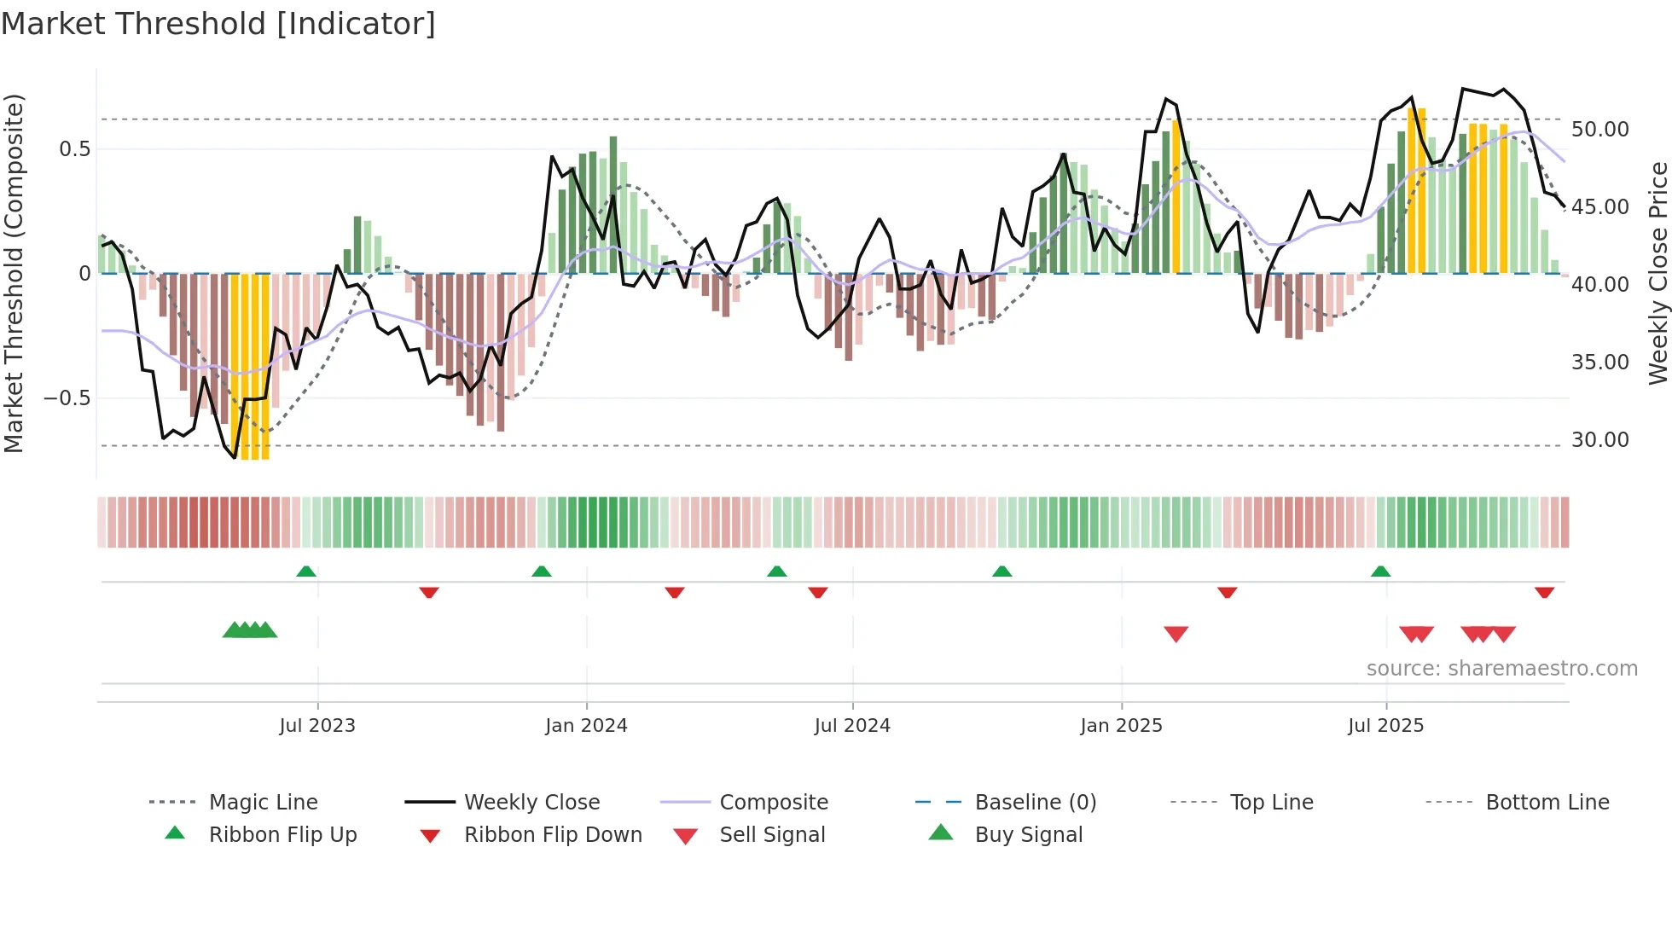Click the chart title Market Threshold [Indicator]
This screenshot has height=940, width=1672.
[x=218, y=24]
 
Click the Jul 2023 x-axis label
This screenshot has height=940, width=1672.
[x=317, y=726]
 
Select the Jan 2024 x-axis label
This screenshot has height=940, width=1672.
[x=586, y=726]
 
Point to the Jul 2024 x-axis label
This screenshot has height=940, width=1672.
[x=852, y=726]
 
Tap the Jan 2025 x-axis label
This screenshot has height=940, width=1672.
[x=1121, y=726]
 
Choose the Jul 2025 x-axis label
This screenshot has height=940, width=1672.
[x=1386, y=726]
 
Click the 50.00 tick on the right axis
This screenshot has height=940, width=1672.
[x=1600, y=130]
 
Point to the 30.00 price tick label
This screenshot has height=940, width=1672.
[x=1600, y=440]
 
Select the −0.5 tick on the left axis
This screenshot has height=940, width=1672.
[x=67, y=398]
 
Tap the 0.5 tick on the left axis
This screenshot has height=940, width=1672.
[x=74, y=149]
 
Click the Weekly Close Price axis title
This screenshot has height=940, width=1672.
[x=1657, y=273]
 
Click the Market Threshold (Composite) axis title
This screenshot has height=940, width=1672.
[x=14, y=273]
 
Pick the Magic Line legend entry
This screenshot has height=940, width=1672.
[x=263, y=803]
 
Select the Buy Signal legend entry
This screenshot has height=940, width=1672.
[x=1028, y=835]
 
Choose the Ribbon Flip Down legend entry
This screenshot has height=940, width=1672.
[x=553, y=835]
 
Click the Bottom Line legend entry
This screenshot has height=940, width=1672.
[x=1547, y=803]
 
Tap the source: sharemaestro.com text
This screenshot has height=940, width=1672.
[x=1501, y=669]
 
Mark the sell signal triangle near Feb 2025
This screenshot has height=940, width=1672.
[x=1176, y=634]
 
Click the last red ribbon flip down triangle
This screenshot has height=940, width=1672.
[x=1544, y=592]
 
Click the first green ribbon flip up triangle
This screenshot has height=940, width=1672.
[x=306, y=572]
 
